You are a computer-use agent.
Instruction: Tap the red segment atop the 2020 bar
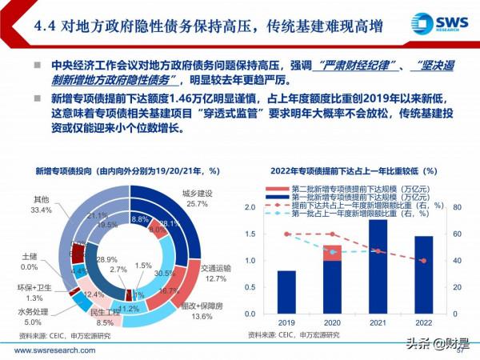coord(331,252)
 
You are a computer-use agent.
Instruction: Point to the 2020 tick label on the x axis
coord(331,322)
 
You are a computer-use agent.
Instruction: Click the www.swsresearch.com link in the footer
coord(52,348)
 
